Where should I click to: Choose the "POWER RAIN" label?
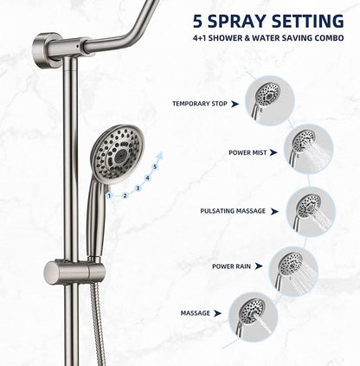point(233,266)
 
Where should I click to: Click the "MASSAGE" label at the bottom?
point(195,312)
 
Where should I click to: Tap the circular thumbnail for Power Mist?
point(311,146)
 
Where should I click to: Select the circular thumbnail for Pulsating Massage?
point(311,209)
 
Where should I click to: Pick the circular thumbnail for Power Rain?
point(293,268)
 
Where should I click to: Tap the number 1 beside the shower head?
point(109,196)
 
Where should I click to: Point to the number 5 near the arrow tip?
point(155,164)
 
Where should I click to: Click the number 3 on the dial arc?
point(138,187)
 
